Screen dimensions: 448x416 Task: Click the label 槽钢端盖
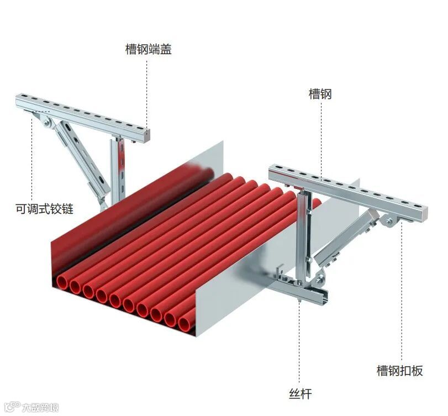click(x=149, y=49)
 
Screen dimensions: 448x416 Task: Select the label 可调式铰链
click(x=44, y=209)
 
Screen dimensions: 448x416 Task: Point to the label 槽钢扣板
click(x=399, y=370)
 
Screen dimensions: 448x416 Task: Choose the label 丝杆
click(x=300, y=394)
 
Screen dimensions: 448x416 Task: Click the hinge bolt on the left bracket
click(x=48, y=123)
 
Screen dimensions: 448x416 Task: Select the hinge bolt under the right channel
click(x=389, y=222)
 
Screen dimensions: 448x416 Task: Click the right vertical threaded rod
click(x=301, y=238)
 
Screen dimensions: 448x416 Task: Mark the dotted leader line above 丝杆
click(x=299, y=343)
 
